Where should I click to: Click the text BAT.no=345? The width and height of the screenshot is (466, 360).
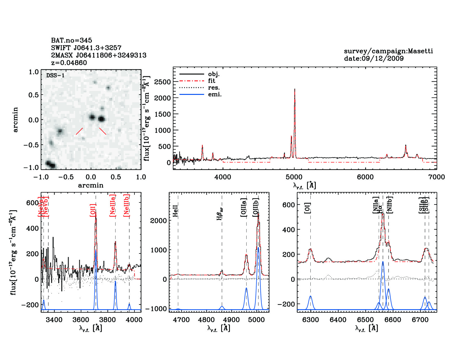coord(71,40)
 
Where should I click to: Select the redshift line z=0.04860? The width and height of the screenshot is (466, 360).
coord(69,63)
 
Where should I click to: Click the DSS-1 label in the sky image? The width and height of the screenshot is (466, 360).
coord(55,75)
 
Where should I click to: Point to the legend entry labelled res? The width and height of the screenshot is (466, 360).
coord(214,88)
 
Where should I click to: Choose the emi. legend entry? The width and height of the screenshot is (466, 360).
coord(215,94)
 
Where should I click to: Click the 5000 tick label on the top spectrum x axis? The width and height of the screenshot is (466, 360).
coord(294,177)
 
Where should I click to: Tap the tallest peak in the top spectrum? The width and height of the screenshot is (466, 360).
coord(295,90)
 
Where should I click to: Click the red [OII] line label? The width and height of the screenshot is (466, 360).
coord(93,210)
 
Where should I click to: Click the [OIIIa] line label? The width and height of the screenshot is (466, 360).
coord(243,208)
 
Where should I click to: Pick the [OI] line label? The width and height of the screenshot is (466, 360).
coord(307,208)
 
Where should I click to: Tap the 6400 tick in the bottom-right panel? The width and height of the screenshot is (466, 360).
coord(338,320)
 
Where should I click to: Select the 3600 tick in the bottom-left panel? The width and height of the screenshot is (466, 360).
coord(81,320)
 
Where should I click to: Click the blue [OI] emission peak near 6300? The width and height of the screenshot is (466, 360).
coord(310,296)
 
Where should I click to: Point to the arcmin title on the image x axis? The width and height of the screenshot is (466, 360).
coord(91,185)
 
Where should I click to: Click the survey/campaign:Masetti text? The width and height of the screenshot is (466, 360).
coord(388,51)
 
